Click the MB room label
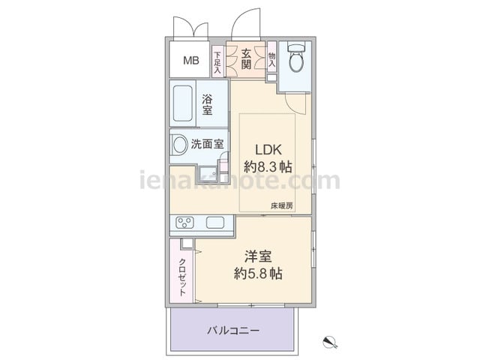pos(191,60)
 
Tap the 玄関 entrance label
pos(246,59)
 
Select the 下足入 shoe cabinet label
pos(217,62)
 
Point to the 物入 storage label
pos(271,60)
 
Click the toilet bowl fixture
pos(296,58)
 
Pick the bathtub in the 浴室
pos(183,103)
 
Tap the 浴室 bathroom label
pos(207,105)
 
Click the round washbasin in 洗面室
pos(180,145)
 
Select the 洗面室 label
pos(208,144)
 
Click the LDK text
pos(268,150)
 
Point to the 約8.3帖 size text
pos(268,167)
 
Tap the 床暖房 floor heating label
pos(282,206)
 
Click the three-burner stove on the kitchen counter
pos(184,223)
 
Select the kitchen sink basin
pos(215,223)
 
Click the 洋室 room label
pos(258,256)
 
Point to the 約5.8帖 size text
pos(258,273)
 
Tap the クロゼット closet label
pos(182,277)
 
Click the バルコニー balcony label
pos(233,331)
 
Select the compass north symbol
pos(330,342)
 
